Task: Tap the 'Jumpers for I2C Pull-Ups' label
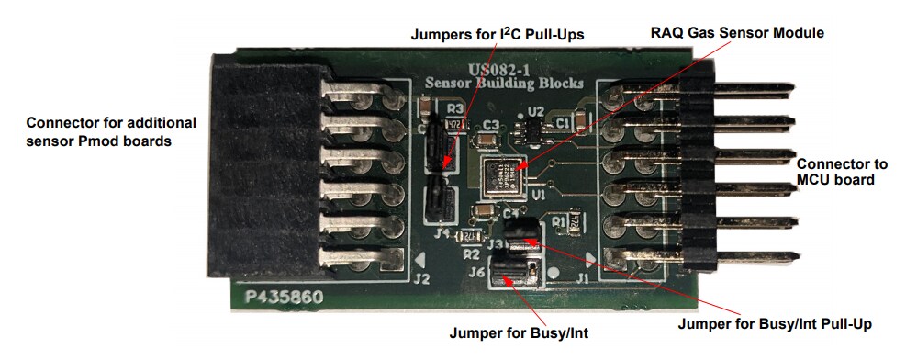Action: tap(497, 34)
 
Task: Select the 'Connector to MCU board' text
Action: tap(842, 172)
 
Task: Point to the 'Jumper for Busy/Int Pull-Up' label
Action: tap(774, 323)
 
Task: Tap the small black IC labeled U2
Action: tap(533, 128)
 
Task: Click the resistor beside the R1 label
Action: tap(576, 221)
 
